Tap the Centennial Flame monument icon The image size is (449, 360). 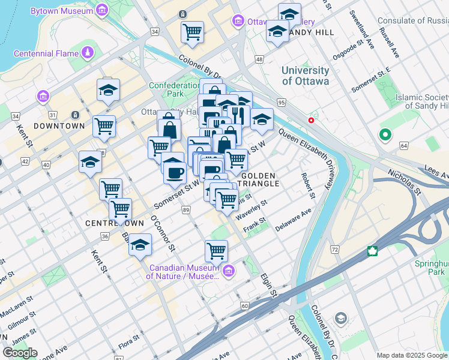[88, 53]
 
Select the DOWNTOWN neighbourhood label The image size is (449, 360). [59, 126]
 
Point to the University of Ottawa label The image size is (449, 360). [306, 76]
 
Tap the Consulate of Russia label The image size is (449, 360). [413, 21]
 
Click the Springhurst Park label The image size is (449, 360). [431, 268]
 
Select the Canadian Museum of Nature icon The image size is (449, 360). [228, 272]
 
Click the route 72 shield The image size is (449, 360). [334, 248]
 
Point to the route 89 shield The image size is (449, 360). [187, 209]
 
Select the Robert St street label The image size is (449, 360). [308, 185]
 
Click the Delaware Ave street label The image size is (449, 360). [294, 221]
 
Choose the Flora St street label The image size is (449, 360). [128, 345]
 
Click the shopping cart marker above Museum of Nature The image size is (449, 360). [216, 250]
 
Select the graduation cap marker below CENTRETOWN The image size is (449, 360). [140, 245]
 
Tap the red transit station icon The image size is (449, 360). [311, 120]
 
